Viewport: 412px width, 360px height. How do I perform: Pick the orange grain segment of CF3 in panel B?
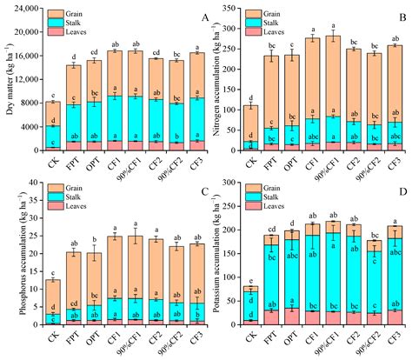pos(395,83)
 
